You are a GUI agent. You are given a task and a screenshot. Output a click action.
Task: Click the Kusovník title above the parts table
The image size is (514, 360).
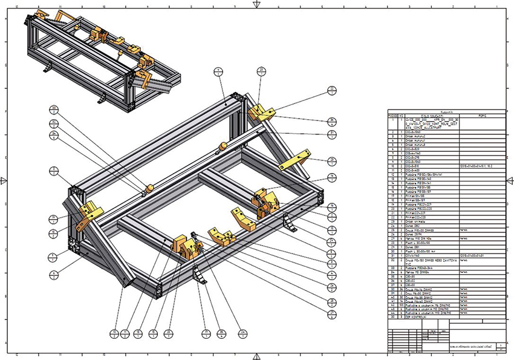click(x=447, y=111)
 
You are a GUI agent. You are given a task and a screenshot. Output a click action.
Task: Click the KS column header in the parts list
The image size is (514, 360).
click(x=402, y=116)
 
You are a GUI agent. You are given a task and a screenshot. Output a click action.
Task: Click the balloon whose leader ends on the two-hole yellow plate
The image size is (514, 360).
click(x=332, y=160)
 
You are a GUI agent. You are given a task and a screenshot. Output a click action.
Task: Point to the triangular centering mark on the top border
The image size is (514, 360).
click(x=257, y=5)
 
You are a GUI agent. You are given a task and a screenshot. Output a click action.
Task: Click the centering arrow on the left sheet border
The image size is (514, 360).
click(x=5, y=180)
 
